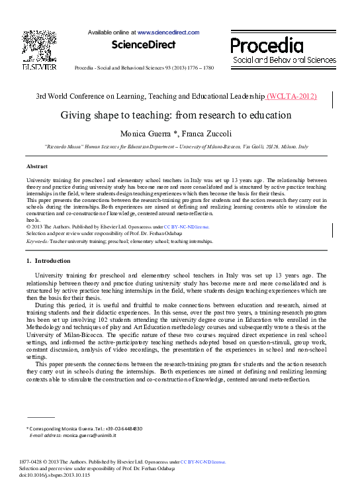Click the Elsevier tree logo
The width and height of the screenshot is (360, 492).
click(x=39, y=45)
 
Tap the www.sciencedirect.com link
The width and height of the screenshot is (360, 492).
click(x=168, y=32)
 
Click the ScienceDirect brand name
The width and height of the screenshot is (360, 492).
click(x=144, y=45)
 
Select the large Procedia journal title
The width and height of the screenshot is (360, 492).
click(x=267, y=45)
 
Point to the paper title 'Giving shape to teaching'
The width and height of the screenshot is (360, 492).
click(x=176, y=115)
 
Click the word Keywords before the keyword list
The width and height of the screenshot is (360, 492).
click(x=37, y=242)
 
